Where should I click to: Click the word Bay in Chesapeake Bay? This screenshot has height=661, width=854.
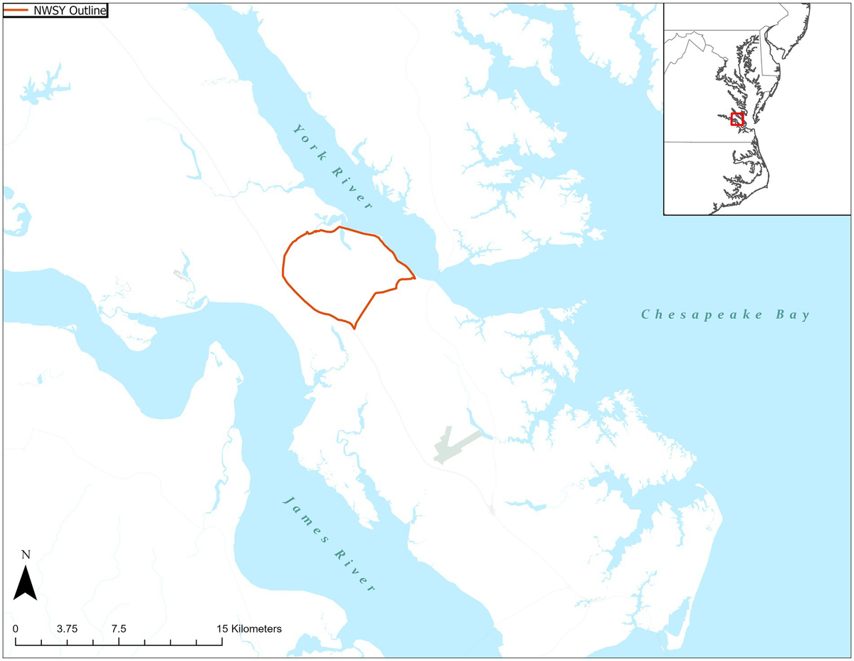[791, 314]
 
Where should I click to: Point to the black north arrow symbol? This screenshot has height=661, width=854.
[26, 583]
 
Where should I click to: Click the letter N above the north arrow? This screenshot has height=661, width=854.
[26, 555]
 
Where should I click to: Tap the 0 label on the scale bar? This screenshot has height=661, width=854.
[15, 629]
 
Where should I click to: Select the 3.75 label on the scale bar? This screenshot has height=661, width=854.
[67, 629]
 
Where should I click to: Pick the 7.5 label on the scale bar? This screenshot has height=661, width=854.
[119, 629]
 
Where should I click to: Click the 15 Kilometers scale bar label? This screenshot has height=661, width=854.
[249, 629]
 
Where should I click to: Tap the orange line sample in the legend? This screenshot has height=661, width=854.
[16, 10]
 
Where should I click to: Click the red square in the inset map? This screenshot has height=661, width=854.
[737, 119]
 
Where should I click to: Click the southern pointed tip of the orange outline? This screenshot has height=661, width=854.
[354, 328]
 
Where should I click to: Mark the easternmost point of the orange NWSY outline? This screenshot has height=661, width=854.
[415, 278]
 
